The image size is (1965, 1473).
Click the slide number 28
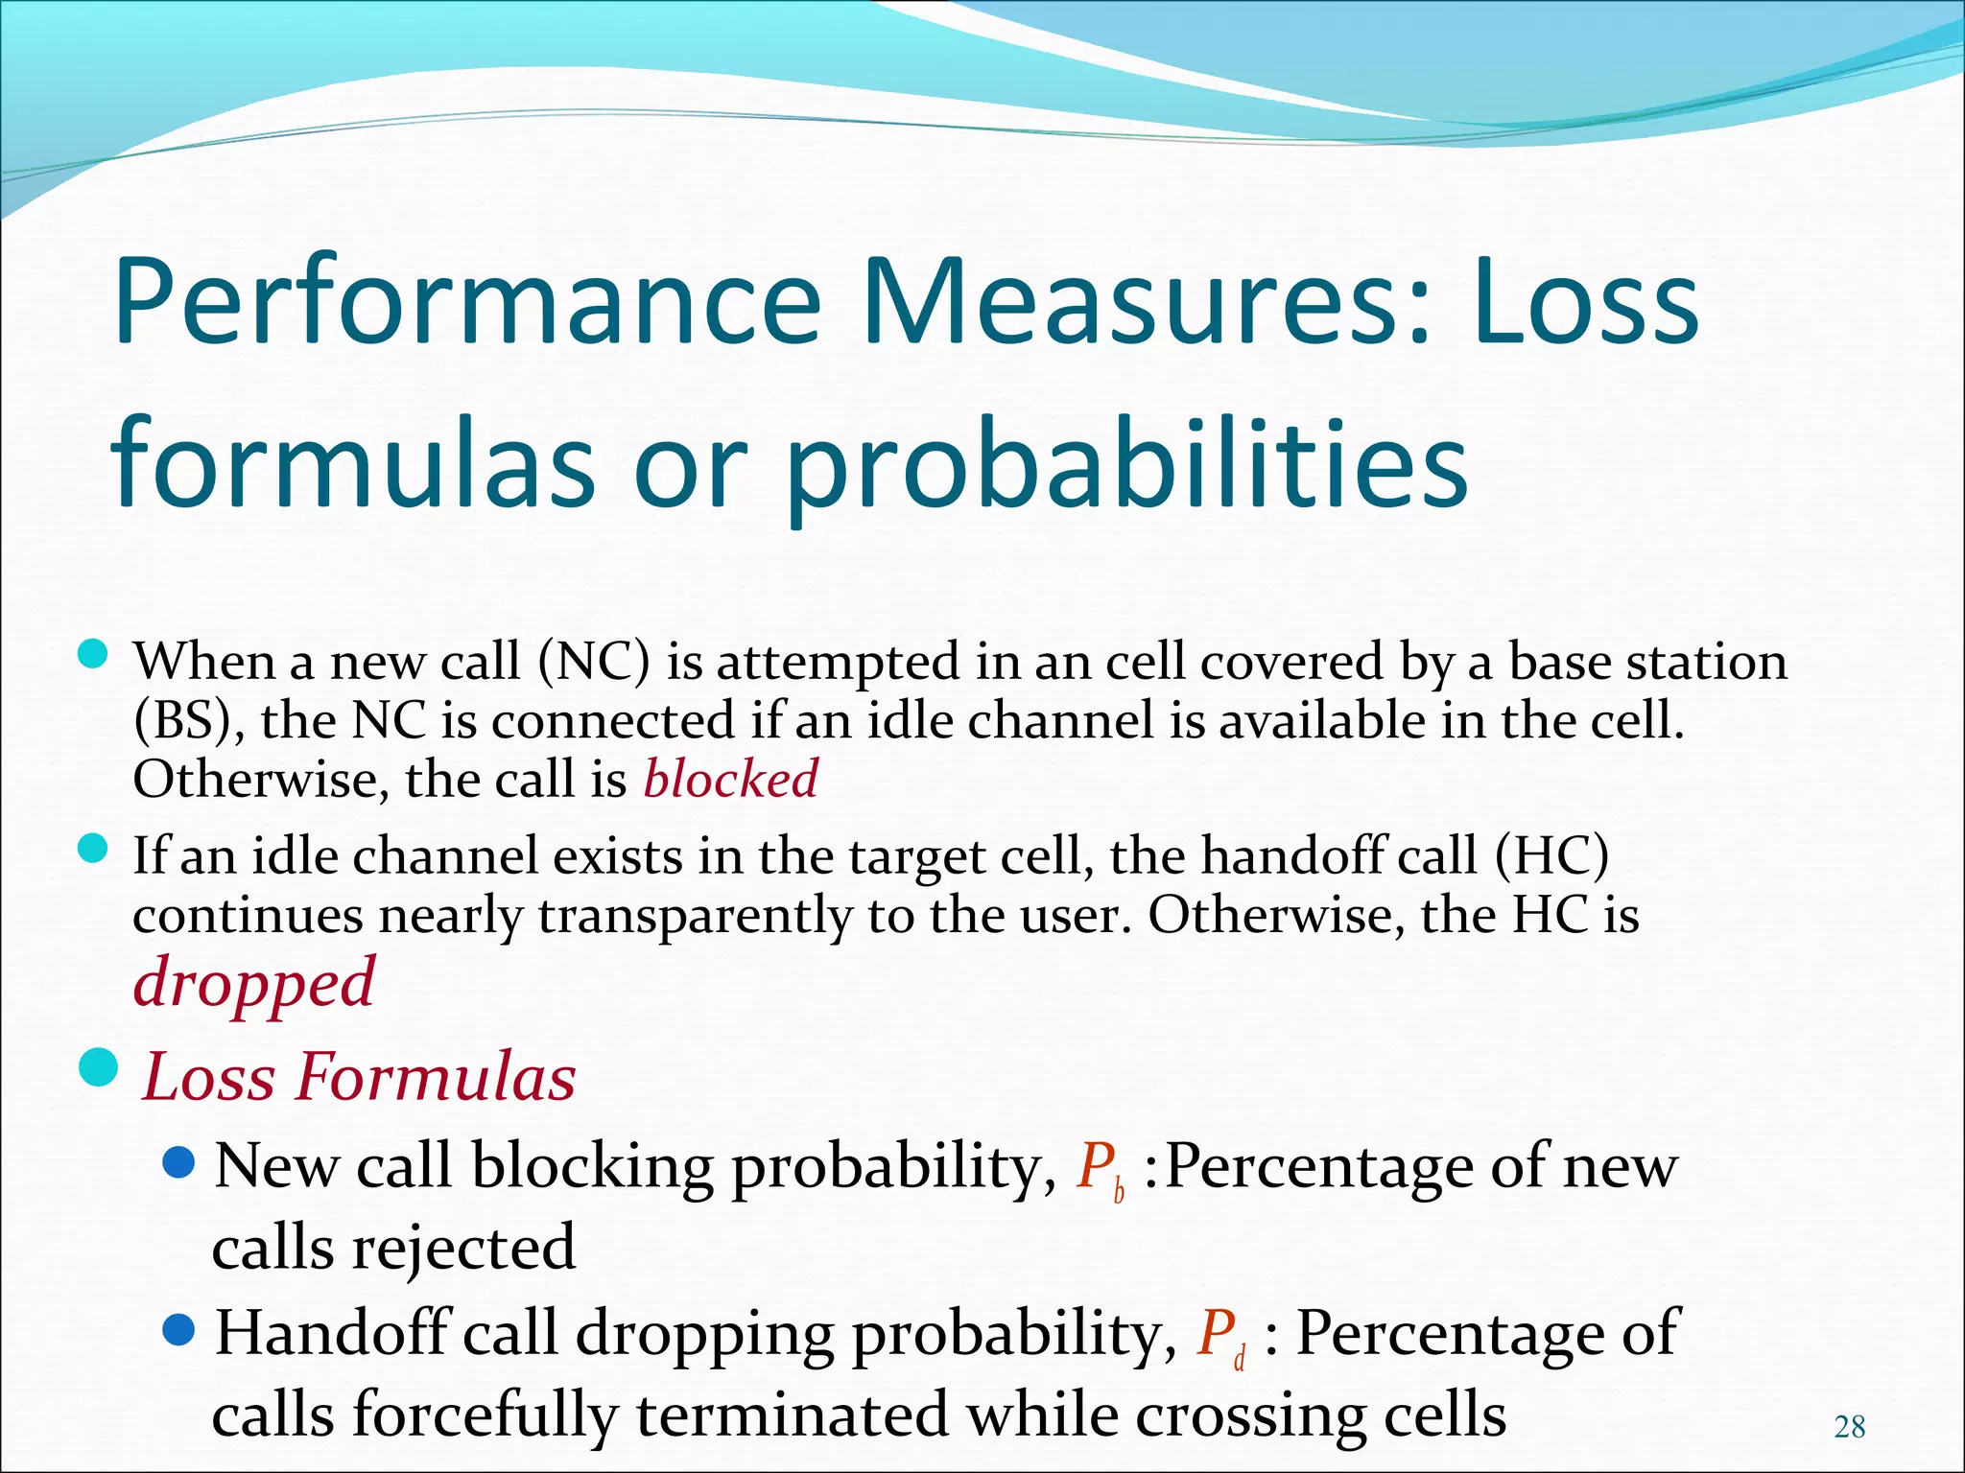click(x=1849, y=1428)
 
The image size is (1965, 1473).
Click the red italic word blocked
click(x=730, y=778)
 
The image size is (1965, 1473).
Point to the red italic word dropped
click(x=254, y=984)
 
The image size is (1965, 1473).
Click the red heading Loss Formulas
click(x=359, y=1077)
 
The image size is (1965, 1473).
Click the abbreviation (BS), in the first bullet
click(x=188, y=721)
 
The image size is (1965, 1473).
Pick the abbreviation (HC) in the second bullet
click(x=1551, y=855)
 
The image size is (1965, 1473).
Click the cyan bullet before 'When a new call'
click(x=92, y=656)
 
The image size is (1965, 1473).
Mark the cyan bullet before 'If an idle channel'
click(x=92, y=849)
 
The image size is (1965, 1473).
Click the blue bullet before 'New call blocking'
click(x=178, y=1164)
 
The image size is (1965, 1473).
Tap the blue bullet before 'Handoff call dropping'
click(x=178, y=1330)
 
